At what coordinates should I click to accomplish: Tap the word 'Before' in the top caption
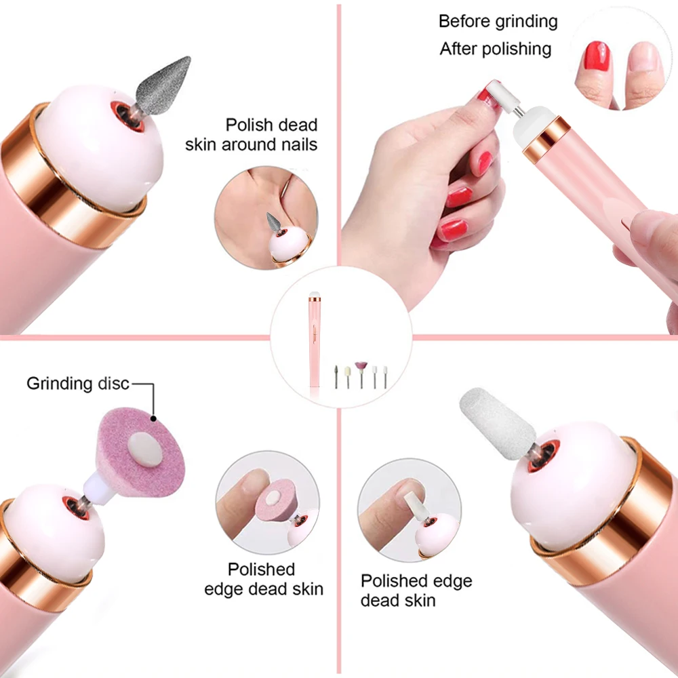pos(464,21)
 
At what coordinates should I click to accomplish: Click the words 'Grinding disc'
pos(77,384)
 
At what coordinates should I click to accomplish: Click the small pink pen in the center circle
pos(315,339)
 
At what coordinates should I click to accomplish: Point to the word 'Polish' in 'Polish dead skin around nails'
pos(249,125)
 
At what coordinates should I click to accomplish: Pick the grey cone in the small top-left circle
pos(273,222)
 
